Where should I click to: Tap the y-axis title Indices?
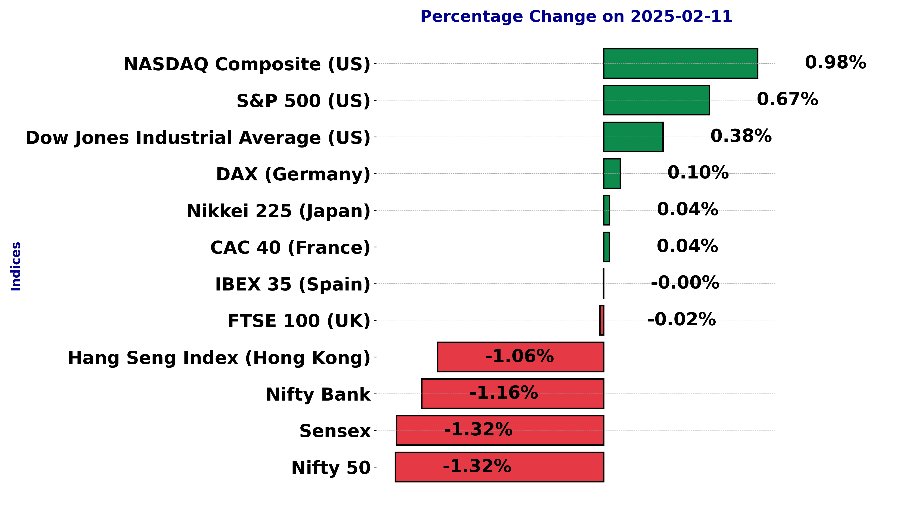(16, 266)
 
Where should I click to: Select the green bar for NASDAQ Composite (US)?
(681, 63)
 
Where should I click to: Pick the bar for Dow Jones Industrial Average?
(633, 137)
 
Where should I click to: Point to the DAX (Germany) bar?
(612, 173)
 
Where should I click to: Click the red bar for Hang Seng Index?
(521, 357)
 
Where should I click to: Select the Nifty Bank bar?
(513, 394)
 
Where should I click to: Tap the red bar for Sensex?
(500, 430)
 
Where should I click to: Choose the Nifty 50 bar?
(499, 467)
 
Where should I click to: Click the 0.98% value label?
(835, 63)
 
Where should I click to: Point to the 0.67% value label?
(787, 99)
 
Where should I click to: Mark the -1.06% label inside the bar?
(520, 356)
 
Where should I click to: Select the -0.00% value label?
(685, 283)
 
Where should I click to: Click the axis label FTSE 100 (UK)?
(299, 321)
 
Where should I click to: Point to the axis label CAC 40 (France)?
(290, 248)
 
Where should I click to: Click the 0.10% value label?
(698, 173)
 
